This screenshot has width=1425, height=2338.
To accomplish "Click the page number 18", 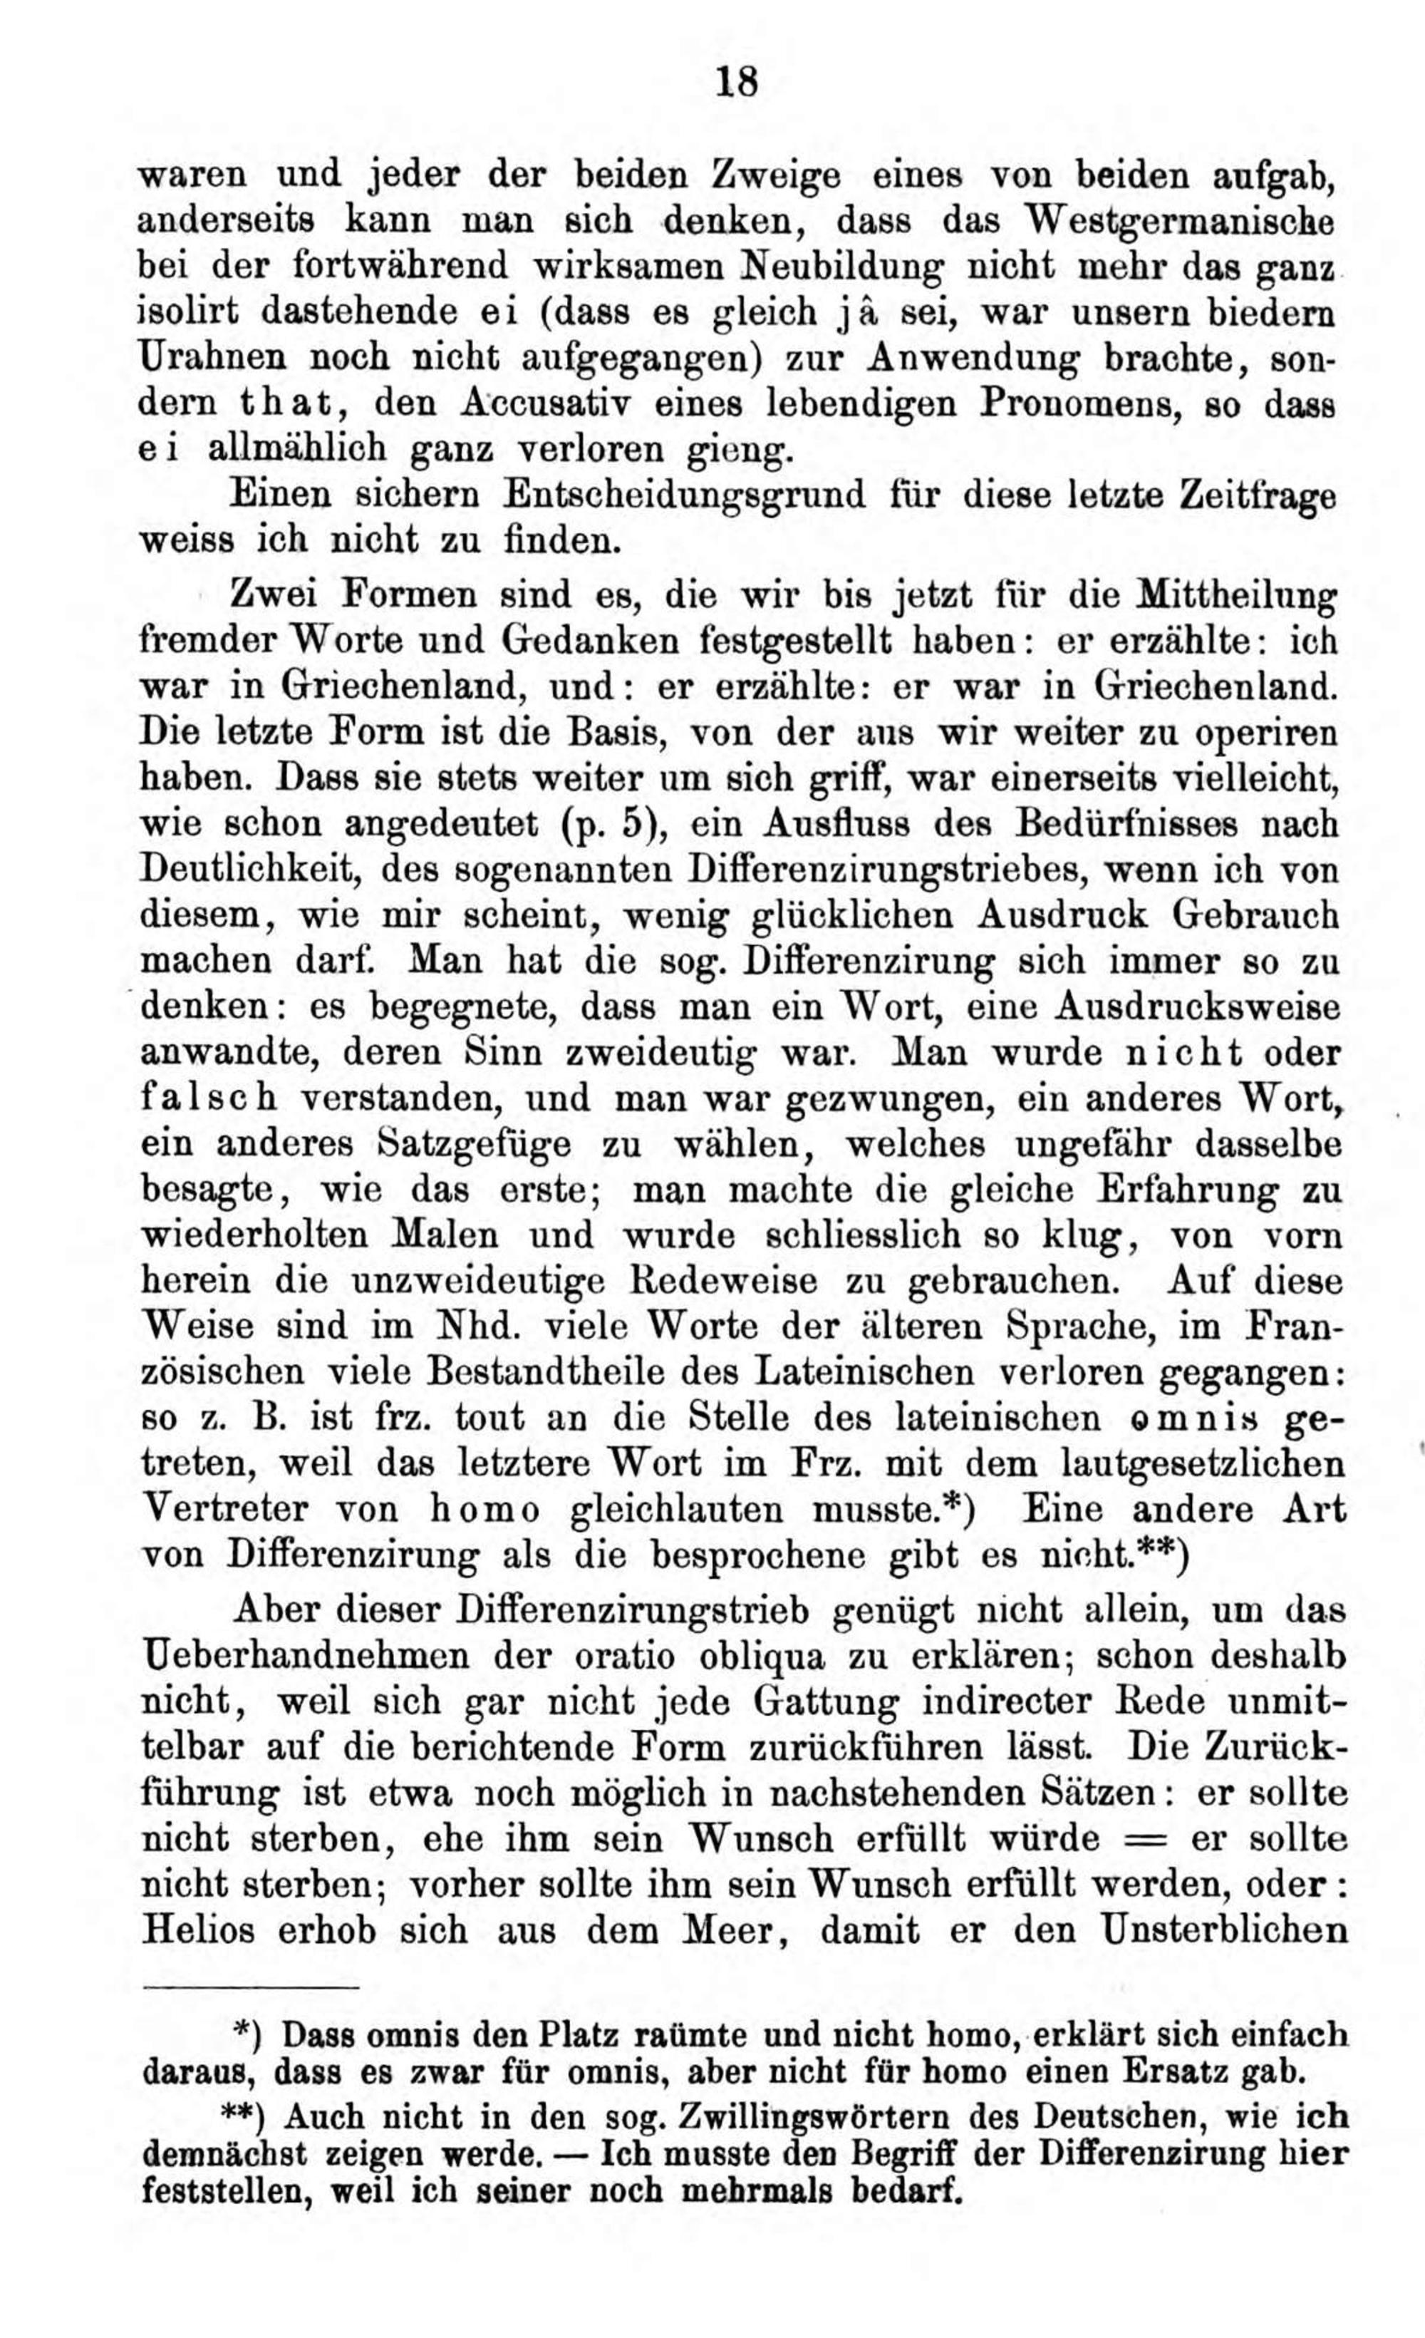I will click(x=737, y=83).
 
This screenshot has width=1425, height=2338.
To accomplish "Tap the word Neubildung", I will click(x=841, y=267).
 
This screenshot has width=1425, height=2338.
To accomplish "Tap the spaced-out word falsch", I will click(x=209, y=1098).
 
